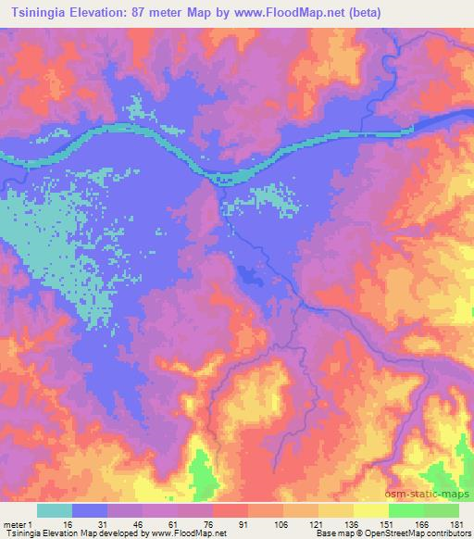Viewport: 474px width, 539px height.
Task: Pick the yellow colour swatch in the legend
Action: coord(371,511)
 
